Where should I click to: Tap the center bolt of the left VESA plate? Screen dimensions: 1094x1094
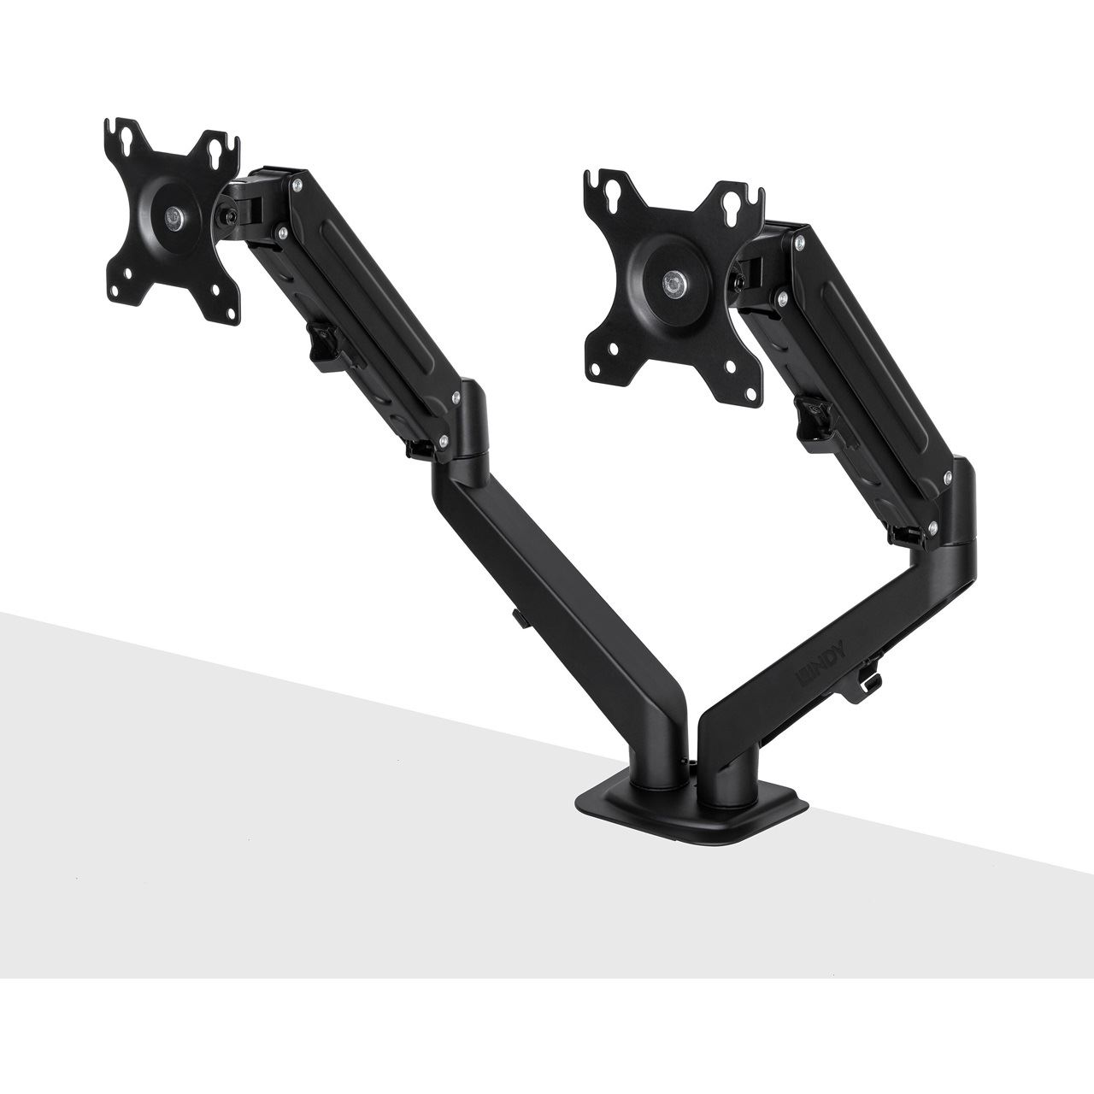pos(174,219)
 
